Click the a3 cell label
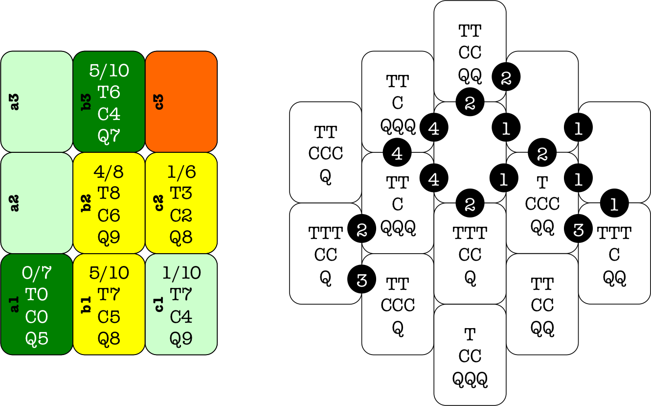pos(15,101)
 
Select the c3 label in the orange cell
pos(159,101)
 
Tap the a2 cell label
pos(15,203)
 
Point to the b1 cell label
pos(87,304)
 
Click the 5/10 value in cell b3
pos(109,71)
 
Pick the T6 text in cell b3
pos(109,92)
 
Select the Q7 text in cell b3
pos(109,136)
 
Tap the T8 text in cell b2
pos(109,193)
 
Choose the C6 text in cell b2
pos(109,215)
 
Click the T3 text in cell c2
pos(181,193)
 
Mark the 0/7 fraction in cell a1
pos(37,273)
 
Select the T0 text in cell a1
pos(37,295)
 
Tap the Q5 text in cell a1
pos(37,338)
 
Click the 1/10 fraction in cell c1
pos(181,273)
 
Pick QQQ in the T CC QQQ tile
pos(470,378)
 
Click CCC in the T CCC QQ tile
pos(542,204)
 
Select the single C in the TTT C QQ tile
pos(614,255)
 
